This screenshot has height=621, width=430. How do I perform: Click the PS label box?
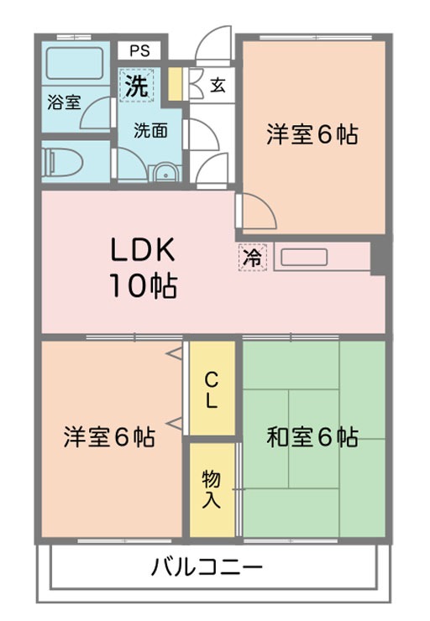[x=139, y=50]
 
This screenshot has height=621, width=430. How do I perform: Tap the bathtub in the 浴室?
[x=75, y=64]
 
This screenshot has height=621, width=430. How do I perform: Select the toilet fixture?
[x=62, y=162]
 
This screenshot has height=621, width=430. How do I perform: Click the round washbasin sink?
[x=165, y=172]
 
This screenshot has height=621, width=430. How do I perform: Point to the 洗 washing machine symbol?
[x=137, y=85]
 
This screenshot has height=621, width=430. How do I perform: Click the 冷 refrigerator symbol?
[x=253, y=258]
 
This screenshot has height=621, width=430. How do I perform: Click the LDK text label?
[x=143, y=249]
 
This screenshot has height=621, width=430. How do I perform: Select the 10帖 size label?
[x=144, y=285]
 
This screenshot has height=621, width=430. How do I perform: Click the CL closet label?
[x=212, y=391]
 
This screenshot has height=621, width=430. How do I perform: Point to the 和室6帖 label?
[x=312, y=437]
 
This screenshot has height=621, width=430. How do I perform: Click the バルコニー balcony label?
[x=207, y=566]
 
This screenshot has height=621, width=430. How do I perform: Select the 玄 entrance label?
[x=218, y=85]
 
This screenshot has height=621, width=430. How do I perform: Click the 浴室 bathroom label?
[x=64, y=102]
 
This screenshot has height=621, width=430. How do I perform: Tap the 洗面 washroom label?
[x=150, y=130]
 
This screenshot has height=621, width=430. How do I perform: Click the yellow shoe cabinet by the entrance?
[x=175, y=85]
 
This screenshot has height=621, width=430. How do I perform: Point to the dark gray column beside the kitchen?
[x=378, y=258]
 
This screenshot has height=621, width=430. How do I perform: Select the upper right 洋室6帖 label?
[x=312, y=134]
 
